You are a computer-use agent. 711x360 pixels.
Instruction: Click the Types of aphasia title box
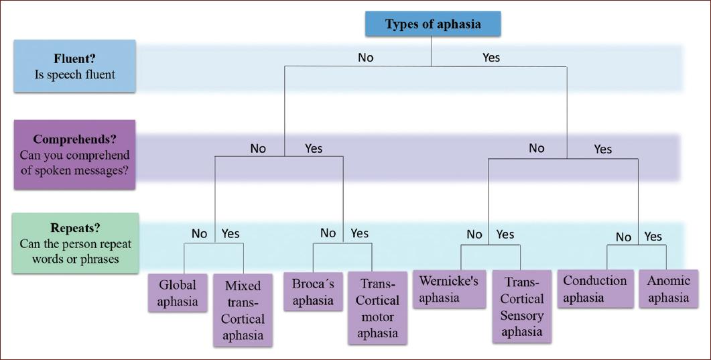pos(432,25)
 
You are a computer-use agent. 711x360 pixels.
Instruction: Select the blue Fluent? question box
pos(74,66)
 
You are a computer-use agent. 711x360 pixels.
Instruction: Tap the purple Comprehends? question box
pos(74,155)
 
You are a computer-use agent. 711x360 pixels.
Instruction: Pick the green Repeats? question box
pos(74,243)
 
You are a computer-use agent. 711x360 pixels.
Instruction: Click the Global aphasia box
pos(178,293)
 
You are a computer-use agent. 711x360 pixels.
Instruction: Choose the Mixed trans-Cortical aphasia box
pos(243,310)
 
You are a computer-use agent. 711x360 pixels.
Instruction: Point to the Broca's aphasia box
pos(313,292)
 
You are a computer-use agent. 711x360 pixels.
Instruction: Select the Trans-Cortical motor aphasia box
pos(378,308)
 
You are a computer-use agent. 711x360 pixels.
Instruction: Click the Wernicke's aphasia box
pos(449,289)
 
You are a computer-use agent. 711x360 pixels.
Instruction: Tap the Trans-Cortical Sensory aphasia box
pos(522,307)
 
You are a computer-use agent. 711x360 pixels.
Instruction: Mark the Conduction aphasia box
pos(595,289)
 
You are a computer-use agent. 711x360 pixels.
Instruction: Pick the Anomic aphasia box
pos(668,289)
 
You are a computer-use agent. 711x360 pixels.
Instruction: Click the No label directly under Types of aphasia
pos(365,58)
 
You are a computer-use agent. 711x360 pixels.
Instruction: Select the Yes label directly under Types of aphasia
pos(491,58)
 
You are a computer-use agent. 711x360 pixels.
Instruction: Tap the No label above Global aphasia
pos(199,234)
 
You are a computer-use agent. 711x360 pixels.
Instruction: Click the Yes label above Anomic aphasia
pos(653,237)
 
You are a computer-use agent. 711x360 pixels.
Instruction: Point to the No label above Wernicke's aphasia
pos(474,235)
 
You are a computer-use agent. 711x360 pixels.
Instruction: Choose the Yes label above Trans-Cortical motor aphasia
pos(360,233)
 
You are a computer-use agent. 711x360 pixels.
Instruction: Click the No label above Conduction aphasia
pos(623,237)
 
